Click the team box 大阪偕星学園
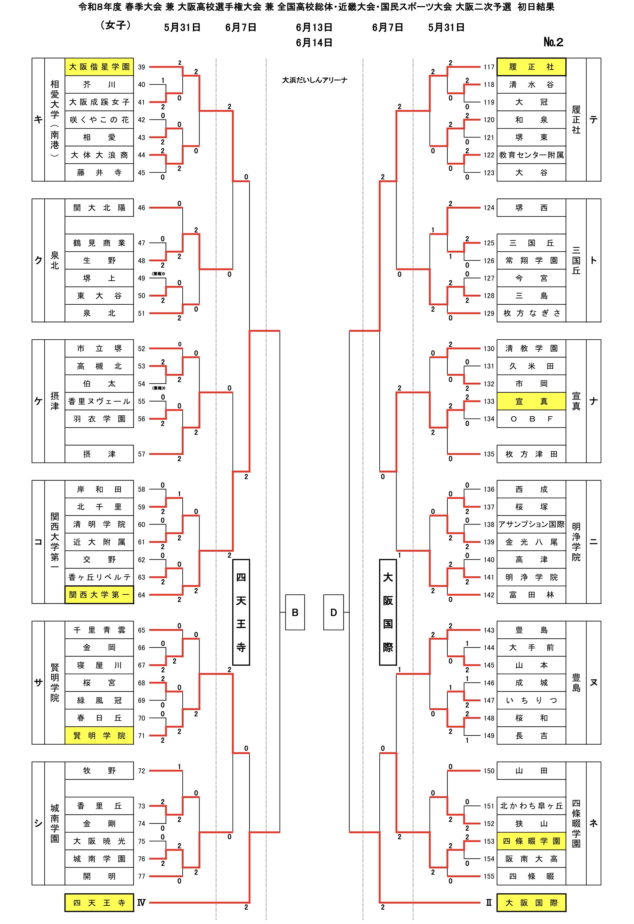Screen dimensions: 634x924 [99, 67]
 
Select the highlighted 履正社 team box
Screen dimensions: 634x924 [531, 67]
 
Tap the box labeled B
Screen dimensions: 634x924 [295, 612]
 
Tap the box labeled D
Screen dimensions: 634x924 [334, 612]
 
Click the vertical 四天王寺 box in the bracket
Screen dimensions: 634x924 [241, 612]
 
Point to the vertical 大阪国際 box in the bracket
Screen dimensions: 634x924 [388, 612]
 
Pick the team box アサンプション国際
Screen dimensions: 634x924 [531, 525]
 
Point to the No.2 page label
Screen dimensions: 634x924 [553, 42]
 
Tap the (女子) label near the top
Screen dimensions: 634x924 [116, 25]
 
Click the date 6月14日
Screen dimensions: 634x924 [314, 42]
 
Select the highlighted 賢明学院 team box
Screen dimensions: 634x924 [99, 736]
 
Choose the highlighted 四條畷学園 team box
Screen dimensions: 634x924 [531, 841]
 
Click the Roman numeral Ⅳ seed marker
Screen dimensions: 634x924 [141, 903]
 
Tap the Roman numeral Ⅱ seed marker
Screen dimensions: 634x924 [489, 903]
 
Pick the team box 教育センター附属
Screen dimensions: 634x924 [531, 155]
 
